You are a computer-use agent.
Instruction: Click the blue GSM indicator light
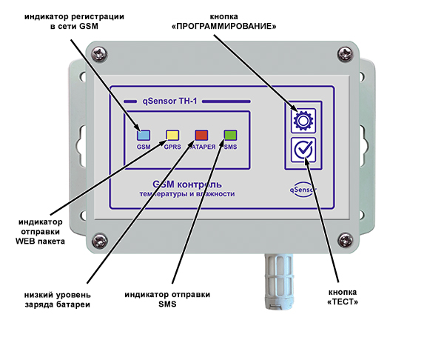tap(144, 135)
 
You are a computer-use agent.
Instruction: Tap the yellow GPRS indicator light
tap(172, 135)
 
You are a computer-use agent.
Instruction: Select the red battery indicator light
tap(201, 135)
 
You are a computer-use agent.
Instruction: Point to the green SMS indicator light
tap(230, 135)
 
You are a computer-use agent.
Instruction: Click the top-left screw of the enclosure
tap(101, 53)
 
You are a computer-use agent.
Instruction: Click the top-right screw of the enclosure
tap(343, 53)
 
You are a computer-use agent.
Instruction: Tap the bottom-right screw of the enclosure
tap(344, 239)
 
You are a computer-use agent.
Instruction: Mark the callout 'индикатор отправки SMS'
tap(172, 299)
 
